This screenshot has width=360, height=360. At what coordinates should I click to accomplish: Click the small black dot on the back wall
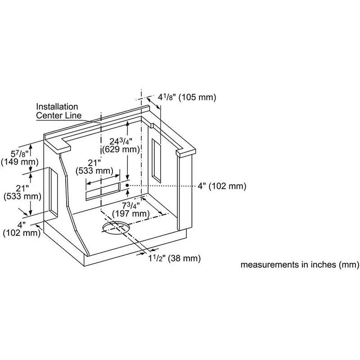click(x=128, y=185)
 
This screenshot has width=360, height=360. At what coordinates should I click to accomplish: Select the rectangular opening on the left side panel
click(x=53, y=192)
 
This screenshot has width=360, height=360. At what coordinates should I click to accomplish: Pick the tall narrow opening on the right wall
click(x=157, y=161)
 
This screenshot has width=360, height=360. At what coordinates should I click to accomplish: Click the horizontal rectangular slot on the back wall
click(x=103, y=189)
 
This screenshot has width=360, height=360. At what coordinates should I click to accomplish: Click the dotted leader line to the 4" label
click(x=162, y=185)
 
